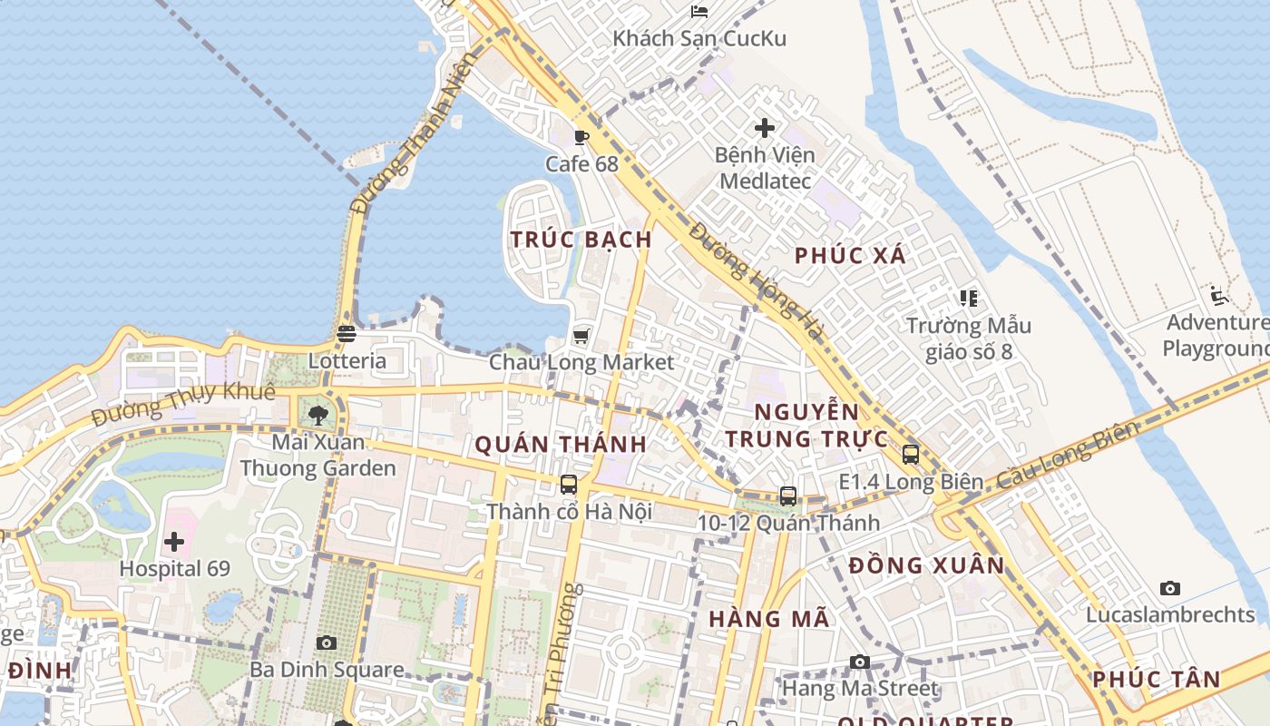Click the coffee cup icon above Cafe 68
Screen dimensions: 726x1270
581,138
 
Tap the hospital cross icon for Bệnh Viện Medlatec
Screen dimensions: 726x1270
765,128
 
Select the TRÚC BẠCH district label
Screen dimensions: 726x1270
581,240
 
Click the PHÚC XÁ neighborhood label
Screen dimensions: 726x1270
850,256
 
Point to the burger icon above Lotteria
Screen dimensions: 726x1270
347,334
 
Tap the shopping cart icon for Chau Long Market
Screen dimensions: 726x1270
581,336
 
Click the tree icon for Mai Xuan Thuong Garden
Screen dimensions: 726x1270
317,416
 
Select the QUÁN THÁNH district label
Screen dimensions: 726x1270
561,444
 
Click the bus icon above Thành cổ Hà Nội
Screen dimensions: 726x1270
569,485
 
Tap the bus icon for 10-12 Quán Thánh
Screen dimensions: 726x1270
788,496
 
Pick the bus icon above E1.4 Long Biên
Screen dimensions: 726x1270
911,455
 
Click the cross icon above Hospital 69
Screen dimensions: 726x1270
174,543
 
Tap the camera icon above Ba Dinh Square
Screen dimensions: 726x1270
327,643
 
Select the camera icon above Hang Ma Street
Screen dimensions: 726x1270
860,662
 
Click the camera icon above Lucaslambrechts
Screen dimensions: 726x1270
1170,588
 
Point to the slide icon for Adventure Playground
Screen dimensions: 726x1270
1219,296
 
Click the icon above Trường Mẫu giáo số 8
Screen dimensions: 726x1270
968,298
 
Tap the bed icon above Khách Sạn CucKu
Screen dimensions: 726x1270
698,12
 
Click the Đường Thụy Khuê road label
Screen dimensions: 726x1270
182,405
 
